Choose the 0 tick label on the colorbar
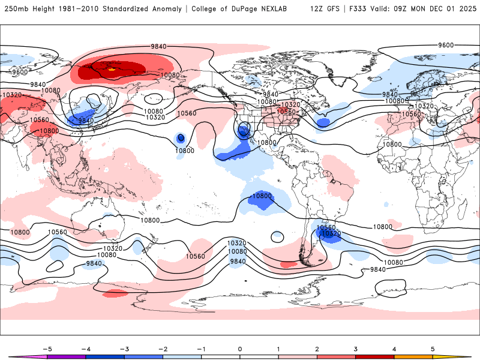240,349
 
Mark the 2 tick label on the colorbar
317,349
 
